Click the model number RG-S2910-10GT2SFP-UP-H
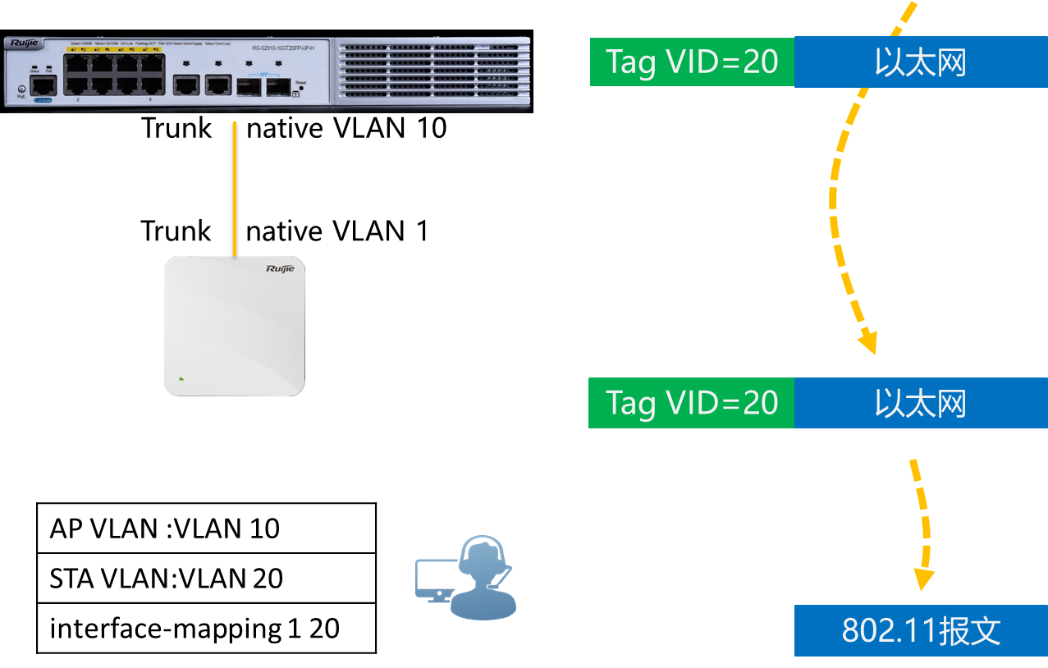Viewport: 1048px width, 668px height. click(284, 48)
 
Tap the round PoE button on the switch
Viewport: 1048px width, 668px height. click(21, 89)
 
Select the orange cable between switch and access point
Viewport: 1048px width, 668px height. click(235, 189)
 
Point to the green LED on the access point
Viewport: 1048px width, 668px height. click(181, 378)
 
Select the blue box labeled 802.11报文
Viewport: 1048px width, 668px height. click(921, 631)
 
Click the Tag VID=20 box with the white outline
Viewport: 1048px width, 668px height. click(692, 62)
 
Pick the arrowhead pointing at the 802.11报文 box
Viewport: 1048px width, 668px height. click(924, 579)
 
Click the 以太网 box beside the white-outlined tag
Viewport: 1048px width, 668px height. click(921, 62)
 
